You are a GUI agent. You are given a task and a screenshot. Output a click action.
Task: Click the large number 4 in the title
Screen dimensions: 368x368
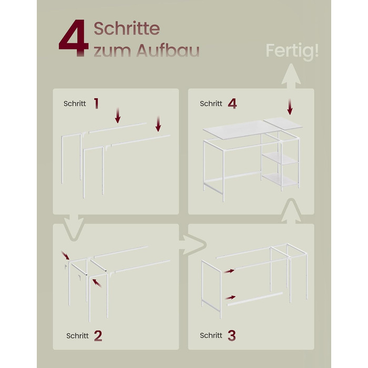coord(74,37)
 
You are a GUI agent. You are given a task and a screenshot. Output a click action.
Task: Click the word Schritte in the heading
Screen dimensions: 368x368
coord(127,28)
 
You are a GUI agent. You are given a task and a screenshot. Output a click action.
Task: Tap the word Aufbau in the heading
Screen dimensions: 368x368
coord(168,50)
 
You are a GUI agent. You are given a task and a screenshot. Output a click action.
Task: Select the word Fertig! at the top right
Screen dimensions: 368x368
coord(292,51)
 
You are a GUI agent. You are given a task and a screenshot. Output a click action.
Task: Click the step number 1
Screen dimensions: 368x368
coord(96,103)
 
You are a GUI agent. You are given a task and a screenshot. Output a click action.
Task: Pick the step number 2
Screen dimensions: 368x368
coord(98,335)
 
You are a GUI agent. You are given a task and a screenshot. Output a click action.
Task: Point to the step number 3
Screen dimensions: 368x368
coord(232,335)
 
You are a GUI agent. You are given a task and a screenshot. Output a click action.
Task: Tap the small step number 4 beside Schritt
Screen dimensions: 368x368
coord(232,104)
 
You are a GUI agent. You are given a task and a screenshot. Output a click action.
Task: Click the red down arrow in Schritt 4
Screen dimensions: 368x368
coord(290,107)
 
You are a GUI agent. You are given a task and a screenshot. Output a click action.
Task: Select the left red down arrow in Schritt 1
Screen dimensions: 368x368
coord(118,115)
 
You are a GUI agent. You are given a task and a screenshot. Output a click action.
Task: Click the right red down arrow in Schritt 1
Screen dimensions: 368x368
coord(158,124)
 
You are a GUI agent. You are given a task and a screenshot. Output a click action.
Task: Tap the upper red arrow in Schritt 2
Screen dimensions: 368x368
coord(65,255)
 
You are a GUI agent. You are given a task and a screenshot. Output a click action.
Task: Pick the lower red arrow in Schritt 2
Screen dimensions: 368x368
coord(97,283)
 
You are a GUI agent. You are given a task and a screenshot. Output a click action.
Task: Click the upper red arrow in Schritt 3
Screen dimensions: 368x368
coord(229,271)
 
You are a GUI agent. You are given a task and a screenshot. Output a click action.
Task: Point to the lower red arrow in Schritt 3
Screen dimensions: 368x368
coord(230,298)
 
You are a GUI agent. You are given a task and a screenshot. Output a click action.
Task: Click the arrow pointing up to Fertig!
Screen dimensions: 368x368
coord(291,76)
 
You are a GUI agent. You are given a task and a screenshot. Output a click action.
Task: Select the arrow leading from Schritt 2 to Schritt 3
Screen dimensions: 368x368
coord(193,246)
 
